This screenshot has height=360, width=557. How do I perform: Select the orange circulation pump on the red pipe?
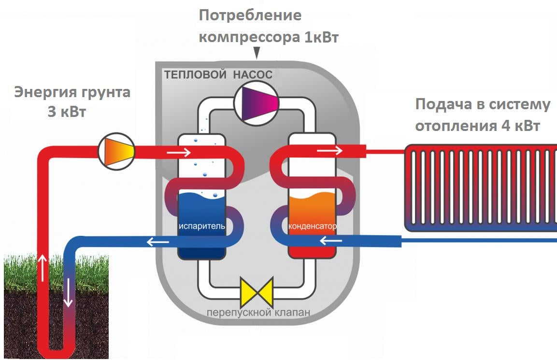(116, 151)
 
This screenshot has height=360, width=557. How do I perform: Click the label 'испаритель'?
(201, 227)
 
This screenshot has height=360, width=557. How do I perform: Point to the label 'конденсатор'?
(312, 226)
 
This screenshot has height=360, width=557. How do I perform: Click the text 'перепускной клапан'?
(258, 312)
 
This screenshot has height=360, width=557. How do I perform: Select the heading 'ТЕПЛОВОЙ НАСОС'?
(218, 75)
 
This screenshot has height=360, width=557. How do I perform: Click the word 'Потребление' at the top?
(250, 15)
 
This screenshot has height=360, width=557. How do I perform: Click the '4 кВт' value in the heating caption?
(519, 126)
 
